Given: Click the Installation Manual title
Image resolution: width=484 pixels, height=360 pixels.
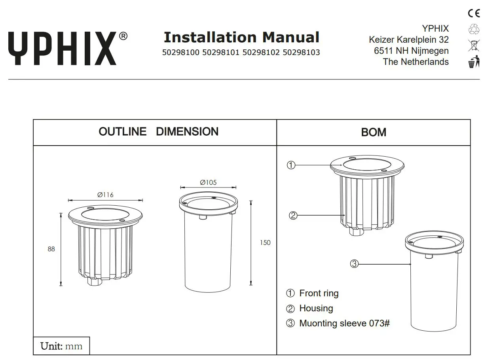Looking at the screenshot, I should tap(241, 38).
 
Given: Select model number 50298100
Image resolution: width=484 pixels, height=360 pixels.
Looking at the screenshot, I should tap(181, 53).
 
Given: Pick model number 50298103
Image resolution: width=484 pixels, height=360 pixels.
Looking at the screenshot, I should tap(301, 53).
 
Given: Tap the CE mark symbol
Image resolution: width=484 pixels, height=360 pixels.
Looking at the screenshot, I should tap(473, 13).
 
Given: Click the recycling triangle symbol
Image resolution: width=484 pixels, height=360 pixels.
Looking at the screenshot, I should tap(473, 29).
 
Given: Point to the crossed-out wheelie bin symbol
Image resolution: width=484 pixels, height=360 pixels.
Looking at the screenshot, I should tap(473, 45).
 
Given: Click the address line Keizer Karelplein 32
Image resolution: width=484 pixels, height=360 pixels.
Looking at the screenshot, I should tap(408, 40).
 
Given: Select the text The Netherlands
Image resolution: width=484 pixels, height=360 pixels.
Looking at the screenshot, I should tap(416, 62).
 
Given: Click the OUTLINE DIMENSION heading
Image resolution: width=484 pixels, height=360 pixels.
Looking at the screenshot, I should tap(158, 132).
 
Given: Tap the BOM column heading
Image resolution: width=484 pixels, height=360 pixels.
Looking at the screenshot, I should tap(373, 132).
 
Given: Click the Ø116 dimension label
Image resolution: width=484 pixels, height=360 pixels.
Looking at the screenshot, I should tap(105, 195).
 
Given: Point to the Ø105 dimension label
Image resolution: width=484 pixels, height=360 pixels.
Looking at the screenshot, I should tap(208, 182).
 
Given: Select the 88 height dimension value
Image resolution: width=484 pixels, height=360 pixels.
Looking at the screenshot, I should tap(51, 249).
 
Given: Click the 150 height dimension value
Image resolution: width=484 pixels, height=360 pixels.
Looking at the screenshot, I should tap(265, 243).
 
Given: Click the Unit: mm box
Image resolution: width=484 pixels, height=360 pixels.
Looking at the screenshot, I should tap(61, 346).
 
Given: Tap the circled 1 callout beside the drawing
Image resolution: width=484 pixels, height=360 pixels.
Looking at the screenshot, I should tap(291, 165).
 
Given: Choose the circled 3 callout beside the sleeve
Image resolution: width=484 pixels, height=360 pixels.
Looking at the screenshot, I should tap(354, 264).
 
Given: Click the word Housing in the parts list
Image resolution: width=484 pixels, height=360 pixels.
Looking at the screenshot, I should tap(316, 308).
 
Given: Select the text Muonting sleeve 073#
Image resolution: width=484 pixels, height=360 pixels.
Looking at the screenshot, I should tap(344, 323).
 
